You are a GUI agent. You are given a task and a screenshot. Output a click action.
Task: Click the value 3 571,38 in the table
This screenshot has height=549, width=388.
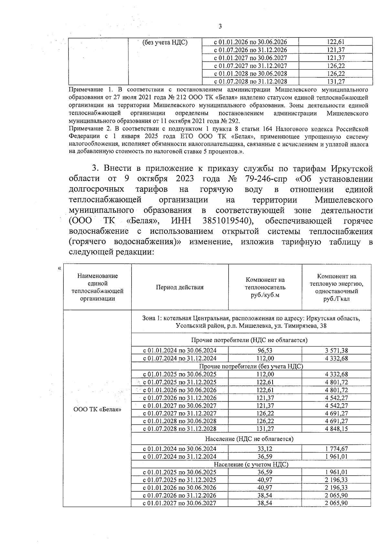click(x=337, y=350)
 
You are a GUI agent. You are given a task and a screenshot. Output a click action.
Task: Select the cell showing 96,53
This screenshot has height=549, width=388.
click(x=265, y=350)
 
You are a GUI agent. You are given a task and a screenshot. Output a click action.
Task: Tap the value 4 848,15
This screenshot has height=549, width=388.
click(x=337, y=429)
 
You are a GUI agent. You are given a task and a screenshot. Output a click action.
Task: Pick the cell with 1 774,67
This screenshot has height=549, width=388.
click(x=337, y=449)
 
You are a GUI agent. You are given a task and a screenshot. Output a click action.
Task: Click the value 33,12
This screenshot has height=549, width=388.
click(x=265, y=449)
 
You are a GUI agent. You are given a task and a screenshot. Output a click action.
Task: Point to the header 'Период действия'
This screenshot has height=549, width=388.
click(x=180, y=287)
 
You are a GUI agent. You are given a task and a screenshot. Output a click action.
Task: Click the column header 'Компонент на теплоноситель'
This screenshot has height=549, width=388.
click(x=265, y=287)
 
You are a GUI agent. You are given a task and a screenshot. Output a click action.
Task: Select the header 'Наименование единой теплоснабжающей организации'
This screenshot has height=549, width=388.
click(x=97, y=287)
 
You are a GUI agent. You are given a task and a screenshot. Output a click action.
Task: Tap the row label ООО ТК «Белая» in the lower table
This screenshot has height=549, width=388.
click(x=97, y=410)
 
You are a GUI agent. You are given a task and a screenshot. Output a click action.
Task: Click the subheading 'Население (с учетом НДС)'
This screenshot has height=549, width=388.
click(x=251, y=464)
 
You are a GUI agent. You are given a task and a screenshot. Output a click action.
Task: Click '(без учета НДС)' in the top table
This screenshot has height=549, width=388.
click(x=165, y=42)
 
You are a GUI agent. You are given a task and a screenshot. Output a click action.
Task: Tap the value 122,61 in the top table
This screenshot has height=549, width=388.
click(x=336, y=42)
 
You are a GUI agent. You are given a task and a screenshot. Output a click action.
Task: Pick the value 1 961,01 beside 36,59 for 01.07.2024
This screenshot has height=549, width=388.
click(x=337, y=456)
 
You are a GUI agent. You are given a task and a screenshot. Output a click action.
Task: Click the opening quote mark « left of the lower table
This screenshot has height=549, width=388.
click(x=59, y=268)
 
